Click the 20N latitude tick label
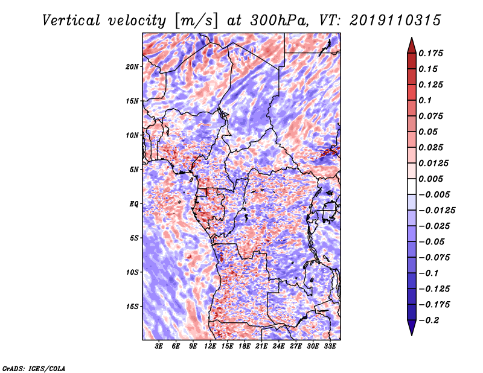[x=132, y=66]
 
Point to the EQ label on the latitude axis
[x=133, y=204]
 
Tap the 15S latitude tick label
[x=132, y=307]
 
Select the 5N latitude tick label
[x=134, y=170]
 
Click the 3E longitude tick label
[x=159, y=346]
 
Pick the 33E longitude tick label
[x=330, y=346]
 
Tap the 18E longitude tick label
[x=245, y=346]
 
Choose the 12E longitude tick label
[x=210, y=346]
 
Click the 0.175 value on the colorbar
[x=430, y=53]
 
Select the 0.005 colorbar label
[x=430, y=179]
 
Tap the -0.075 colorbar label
[x=433, y=258]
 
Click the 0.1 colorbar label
[x=425, y=100]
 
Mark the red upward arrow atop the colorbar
[x=412, y=46]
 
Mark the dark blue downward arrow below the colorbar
[x=412, y=328]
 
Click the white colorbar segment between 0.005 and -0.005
[x=412, y=186]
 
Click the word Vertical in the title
[x=71, y=21]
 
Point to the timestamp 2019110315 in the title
[x=395, y=21]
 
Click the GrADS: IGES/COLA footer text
[x=34, y=369]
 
